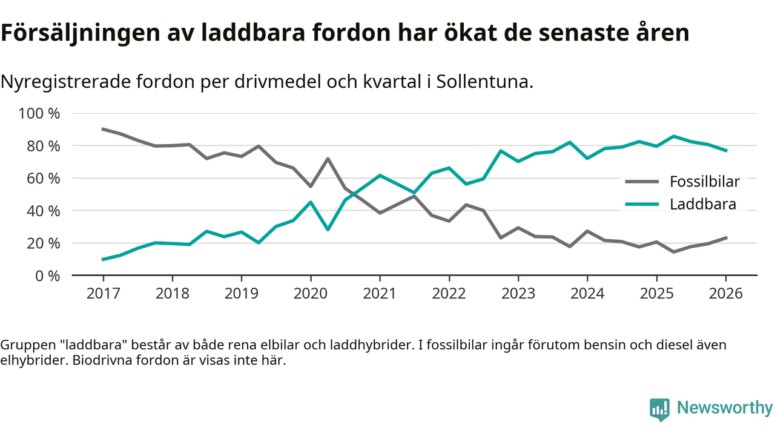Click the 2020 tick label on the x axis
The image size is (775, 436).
point(311,294)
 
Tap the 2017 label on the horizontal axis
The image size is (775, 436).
point(103,294)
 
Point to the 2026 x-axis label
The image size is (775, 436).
point(726,294)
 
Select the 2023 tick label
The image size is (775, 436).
point(518,294)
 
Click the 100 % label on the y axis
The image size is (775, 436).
point(39,114)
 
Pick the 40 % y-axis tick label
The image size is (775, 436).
point(43,211)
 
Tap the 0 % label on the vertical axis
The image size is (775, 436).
point(47,276)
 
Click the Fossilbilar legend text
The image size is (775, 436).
point(705,181)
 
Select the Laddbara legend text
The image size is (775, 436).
point(703,204)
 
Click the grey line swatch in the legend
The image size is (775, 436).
point(642,181)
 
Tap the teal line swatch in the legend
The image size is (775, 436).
point(642,204)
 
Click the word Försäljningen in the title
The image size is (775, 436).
point(78,34)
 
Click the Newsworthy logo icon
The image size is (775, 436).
point(659,409)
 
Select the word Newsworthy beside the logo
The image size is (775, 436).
point(725,408)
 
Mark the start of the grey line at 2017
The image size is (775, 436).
point(103,129)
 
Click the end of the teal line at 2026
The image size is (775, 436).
point(726,151)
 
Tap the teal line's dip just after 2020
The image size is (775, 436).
point(328,230)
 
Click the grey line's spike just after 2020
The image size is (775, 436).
point(328,159)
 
